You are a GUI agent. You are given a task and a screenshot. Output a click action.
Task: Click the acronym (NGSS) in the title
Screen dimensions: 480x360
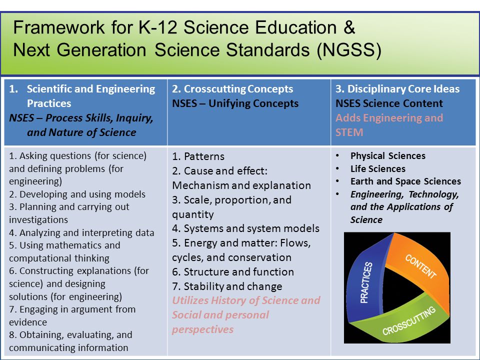click(349, 50)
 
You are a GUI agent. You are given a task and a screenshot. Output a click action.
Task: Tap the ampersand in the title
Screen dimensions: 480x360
click(349, 27)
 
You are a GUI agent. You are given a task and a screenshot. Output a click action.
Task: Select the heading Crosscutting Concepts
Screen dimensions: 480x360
click(238, 89)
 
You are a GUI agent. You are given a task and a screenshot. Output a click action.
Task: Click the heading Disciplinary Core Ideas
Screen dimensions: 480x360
click(403, 89)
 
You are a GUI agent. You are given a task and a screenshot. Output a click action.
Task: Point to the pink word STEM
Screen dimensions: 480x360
click(349, 132)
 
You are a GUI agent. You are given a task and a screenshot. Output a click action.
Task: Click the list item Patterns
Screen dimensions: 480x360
click(198, 156)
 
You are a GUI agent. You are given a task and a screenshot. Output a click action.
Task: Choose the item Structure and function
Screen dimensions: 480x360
click(233, 272)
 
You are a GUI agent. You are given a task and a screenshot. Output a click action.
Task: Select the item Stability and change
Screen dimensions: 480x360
click(227, 286)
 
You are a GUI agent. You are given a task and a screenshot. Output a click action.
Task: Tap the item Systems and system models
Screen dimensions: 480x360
click(246, 228)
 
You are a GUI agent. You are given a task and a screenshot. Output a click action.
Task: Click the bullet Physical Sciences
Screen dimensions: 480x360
click(388, 156)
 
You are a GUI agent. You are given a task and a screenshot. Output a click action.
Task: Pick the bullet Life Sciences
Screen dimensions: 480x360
click(378, 168)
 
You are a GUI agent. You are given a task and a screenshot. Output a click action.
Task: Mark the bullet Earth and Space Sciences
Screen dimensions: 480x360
click(405, 181)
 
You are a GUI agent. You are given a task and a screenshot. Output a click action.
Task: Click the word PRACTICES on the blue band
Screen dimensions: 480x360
click(366, 282)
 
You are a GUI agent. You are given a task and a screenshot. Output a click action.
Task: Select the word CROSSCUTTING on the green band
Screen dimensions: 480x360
click(408, 321)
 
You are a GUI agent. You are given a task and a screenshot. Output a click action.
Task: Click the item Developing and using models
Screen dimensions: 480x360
click(77, 194)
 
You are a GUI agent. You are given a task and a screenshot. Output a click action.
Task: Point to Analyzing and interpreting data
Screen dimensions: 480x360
click(81, 233)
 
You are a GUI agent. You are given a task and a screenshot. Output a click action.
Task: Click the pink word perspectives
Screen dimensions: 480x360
click(202, 329)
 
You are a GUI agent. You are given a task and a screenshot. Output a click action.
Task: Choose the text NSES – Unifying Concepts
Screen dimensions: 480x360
click(235, 103)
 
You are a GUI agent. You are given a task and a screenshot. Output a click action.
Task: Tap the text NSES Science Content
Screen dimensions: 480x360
click(389, 103)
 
